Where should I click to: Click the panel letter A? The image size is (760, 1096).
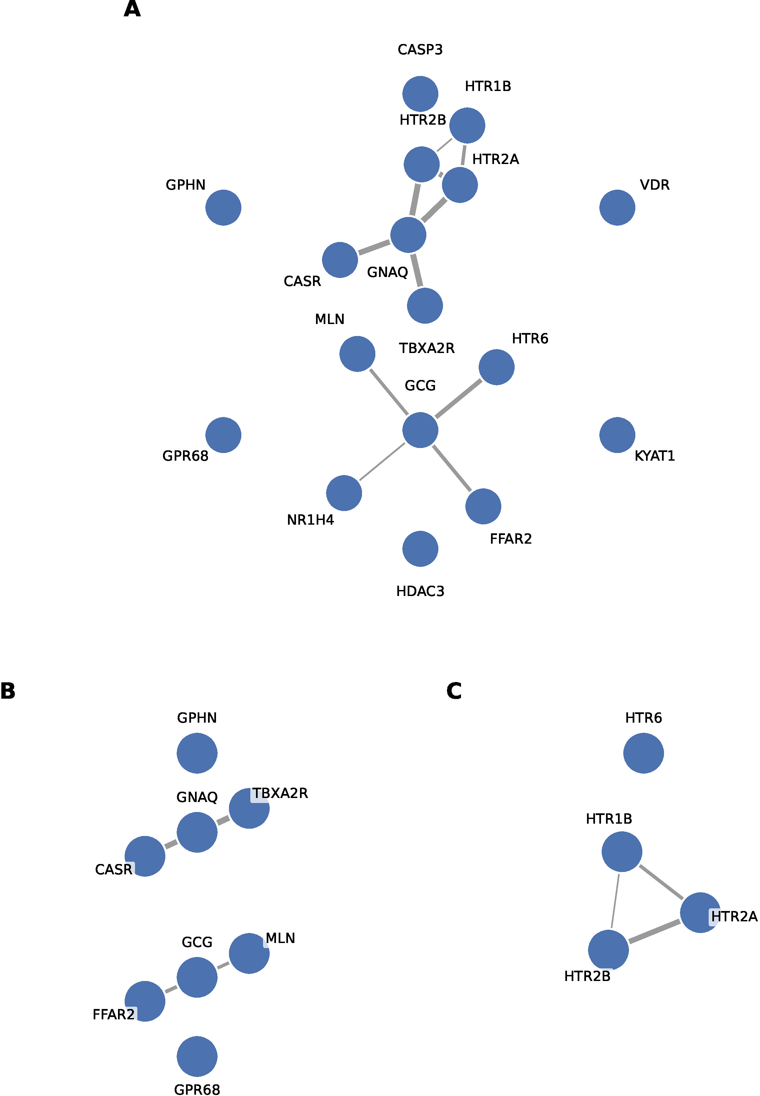(x=132, y=9)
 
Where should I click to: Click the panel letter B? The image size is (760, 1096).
(x=8, y=691)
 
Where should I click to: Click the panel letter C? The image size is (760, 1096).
(x=454, y=691)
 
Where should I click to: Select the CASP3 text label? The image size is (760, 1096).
(x=420, y=50)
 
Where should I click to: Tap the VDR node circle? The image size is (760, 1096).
(x=617, y=208)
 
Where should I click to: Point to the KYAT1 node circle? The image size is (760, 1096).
(x=617, y=435)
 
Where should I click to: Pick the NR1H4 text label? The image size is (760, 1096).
(x=310, y=520)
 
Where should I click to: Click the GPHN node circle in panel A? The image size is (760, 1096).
(x=223, y=208)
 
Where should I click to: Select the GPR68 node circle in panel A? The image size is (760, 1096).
(x=223, y=435)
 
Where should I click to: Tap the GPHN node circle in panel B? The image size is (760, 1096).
(x=197, y=753)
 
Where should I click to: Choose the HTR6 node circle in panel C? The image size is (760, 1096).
(x=643, y=753)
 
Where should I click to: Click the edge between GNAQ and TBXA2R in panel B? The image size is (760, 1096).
(x=223, y=820)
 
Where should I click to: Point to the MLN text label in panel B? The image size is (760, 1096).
(x=280, y=938)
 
